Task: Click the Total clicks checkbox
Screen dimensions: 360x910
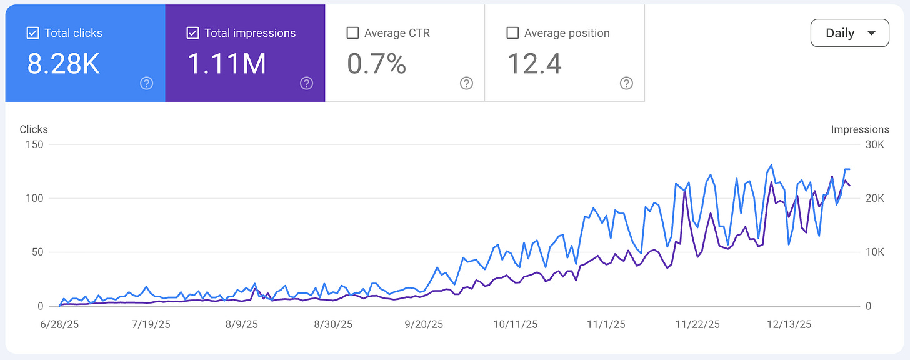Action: [x=33, y=33]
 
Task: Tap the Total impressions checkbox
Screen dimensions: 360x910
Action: [x=193, y=33]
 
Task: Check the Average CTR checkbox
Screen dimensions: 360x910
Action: [x=352, y=33]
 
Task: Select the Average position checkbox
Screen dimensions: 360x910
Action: [x=512, y=33]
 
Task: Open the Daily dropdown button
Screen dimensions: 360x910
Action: [x=849, y=33]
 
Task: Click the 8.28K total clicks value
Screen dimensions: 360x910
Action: [x=63, y=64]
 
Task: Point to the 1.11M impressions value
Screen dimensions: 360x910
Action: [x=227, y=64]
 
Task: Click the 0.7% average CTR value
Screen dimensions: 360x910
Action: [x=377, y=64]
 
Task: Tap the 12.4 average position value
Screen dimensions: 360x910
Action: [x=534, y=64]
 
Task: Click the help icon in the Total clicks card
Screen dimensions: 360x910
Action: [x=147, y=83]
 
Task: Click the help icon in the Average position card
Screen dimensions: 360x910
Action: [x=626, y=83]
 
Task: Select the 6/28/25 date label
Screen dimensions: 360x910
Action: [x=60, y=324]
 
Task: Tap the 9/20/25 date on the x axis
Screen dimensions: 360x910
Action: [x=424, y=324]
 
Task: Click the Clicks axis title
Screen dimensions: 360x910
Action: [x=34, y=129]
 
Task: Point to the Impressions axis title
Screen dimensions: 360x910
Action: [x=859, y=129]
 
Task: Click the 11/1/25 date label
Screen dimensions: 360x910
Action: [x=606, y=324]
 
